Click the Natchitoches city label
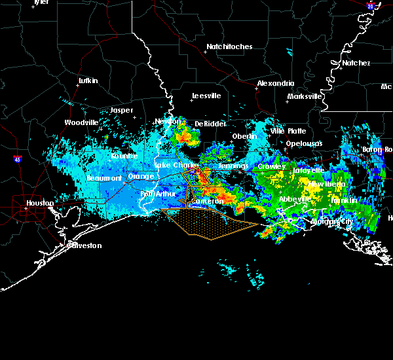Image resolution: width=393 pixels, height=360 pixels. pyautogui.click(x=229, y=47)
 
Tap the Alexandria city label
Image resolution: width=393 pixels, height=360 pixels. pyautogui.click(x=276, y=84)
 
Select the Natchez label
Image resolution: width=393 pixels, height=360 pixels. pyautogui.click(x=356, y=63)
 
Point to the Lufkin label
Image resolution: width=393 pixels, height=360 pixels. pyautogui.click(x=88, y=81)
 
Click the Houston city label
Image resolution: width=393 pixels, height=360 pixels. pyautogui.click(x=40, y=204)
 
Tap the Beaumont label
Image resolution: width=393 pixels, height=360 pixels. pyautogui.click(x=104, y=179)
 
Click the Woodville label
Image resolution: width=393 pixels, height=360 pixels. pyautogui.click(x=81, y=123)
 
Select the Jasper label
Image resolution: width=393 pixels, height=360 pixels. pyautogui.click(x=121, y=111)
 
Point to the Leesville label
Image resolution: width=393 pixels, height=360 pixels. pyautogui.click(x=206, y=96)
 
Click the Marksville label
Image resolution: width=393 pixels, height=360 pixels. pyautogui.click(x=305, y=97)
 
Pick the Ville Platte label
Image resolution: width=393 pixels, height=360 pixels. pyautogui.click(x=288, y=132)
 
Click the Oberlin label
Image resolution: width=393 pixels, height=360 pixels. pyautogui.click(x=244, y=137)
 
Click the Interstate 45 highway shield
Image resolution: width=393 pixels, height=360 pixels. pyautogui.click(x=16, y=159)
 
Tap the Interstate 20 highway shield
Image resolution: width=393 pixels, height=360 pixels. pyautogui.click(x=370, y=6)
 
